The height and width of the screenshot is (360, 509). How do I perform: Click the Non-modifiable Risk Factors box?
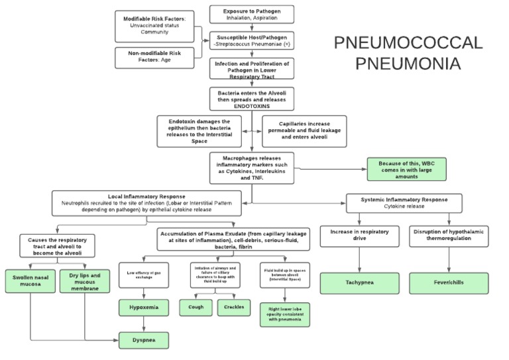pos(154,58)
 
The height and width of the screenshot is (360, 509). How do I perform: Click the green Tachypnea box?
pos(360,282)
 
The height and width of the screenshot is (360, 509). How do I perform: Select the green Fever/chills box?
pos(449,282)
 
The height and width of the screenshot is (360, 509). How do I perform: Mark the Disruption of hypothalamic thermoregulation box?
pos(449,236)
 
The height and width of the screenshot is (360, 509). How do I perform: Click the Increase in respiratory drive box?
pos(360,236)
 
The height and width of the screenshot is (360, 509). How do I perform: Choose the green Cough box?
pos(196,307)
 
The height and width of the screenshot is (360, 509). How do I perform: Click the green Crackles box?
pos(233,307)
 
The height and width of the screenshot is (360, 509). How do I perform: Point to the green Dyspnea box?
pos(143,339)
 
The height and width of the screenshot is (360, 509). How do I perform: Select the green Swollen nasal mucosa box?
pos(30,282)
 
